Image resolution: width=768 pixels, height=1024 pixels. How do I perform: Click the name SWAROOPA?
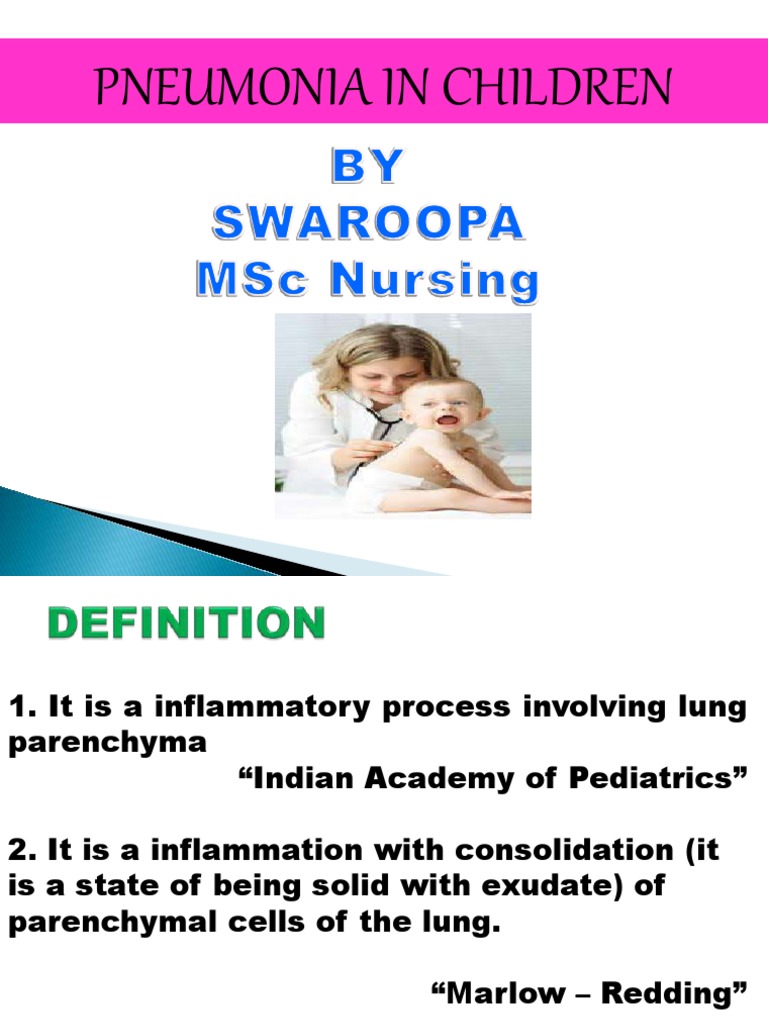coord(366,225)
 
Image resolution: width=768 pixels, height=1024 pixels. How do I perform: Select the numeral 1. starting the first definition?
coord(20,708)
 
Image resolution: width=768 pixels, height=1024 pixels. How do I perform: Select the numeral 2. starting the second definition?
coord(21,852)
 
